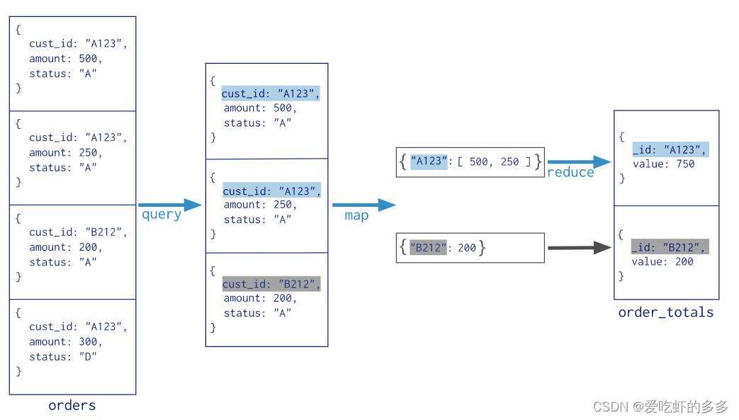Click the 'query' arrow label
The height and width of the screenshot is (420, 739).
pyautogui.click(x=162, y=215)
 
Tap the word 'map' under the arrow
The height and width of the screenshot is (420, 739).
pyautogui.click(x=356, y=216)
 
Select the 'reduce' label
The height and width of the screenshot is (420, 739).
pyautogui.click(x=570, y=173)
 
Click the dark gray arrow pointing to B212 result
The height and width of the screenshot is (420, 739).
pyautogui.click(x=579, y=248)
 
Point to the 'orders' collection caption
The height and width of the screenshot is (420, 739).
pyautogui.click(x=72, y=406)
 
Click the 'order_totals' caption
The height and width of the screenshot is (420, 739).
pyautogui.click(x=665, y=312)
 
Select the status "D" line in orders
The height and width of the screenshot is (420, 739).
pyautogui.click(x=63, y=357)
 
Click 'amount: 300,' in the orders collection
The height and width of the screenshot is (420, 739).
pyautogui.click(x=66, y=342)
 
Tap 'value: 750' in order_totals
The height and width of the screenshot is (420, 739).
pyautogui.click(x=663, y=164)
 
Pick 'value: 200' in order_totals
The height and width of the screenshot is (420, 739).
pyautogui.click(x=663, y=262)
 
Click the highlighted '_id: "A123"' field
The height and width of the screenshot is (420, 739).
pyautogui.click(x=670, y=149)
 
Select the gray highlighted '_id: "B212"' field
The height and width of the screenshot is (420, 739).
pyautogui.click(x=670, y=247)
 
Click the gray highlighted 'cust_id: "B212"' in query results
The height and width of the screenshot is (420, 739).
pyautogui.click(x=271, y=284)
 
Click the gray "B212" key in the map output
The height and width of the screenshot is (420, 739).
pyautogui.click(x=428, y=248)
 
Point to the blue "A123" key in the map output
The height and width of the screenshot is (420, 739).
pyautogui.click(x=429, y=161)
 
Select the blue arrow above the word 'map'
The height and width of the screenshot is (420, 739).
pyautogui.click(x=363, y=205)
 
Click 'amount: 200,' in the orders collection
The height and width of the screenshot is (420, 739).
pyautogui.click(x=66, y=247)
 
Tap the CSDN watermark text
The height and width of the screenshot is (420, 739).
pyautogui.click(x=660, y=407)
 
